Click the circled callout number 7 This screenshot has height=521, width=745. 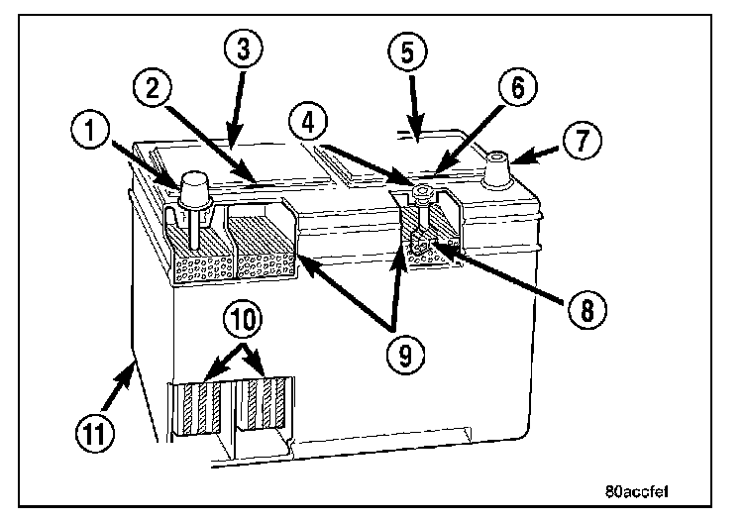tap(583, 140)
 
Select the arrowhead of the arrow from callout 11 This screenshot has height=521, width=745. tap(130, 365)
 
